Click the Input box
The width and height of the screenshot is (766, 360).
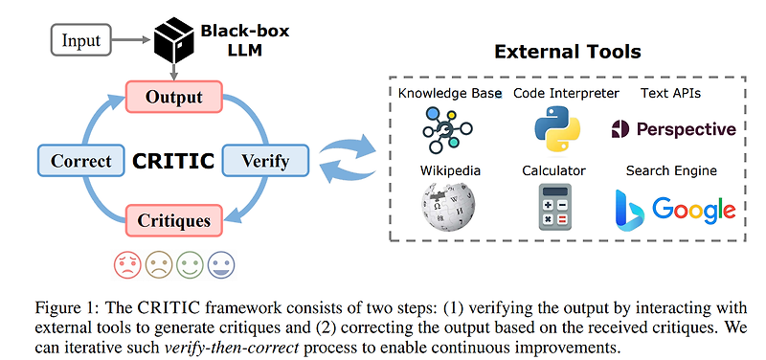click(81, 41)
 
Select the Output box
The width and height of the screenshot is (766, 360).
click(173, 97)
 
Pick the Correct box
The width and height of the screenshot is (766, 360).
click(80, 160)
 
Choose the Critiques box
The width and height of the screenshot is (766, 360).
click(173, 221)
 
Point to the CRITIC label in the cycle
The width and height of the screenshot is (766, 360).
click(172, 160)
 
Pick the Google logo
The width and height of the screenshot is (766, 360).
click(693, 209)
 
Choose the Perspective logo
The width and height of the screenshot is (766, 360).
click(673, 129)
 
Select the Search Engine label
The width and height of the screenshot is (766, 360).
click(671, 170)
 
